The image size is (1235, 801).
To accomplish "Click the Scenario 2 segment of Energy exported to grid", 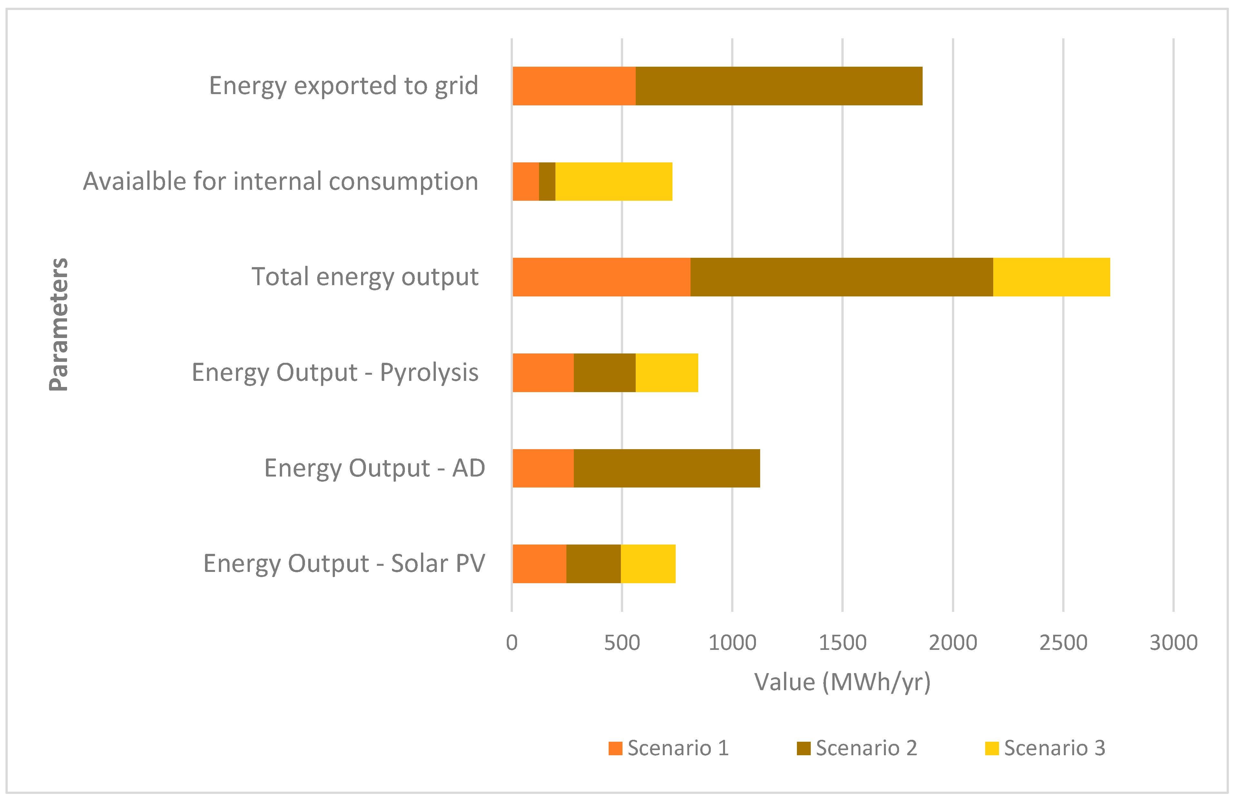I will click(778, 86).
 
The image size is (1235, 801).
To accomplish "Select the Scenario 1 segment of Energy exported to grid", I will click(573, 86).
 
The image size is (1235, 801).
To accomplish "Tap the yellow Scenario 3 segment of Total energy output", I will click(1051, 277).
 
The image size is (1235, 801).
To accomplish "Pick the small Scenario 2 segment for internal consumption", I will click(547, 182).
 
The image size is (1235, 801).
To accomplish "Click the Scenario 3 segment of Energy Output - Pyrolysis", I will click(667, 372).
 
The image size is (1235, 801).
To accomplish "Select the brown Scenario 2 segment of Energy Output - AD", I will click(667, 468).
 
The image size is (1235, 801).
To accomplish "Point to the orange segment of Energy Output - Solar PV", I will click(539, 564).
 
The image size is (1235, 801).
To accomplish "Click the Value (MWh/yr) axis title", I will click(842, 682).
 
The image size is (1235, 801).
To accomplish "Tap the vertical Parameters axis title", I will click(59, 324).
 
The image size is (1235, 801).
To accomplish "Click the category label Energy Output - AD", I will click(374, 468).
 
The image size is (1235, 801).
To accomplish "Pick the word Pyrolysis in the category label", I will click(429, 372).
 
